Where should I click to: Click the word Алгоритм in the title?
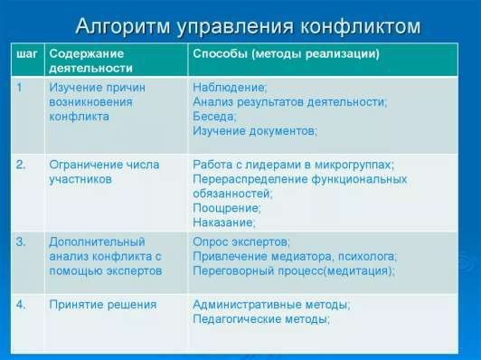(x=123, y=27)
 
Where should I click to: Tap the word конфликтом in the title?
(x=360, y=26)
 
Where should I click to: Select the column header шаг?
(x=26, y=54)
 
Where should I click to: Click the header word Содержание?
(x=87, y=53)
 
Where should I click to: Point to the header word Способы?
(x=220, y=53)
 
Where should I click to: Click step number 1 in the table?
(x=20, y=88)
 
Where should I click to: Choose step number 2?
(x=21, y=165)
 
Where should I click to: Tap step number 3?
(x=21, y=242)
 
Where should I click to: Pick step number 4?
(x=21, y=305)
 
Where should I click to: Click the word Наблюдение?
(x=230, y=88)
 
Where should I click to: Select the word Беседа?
(x=215, y=117)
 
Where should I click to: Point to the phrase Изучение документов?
(x=255, y=131)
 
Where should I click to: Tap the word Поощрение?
(x=227, y=208)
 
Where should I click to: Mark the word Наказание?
(x=224, y=223)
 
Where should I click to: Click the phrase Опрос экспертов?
(x=241, y=242)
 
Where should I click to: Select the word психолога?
(x=367, y=257)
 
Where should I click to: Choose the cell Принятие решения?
(x=103, y=305)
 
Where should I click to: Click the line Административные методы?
(x=271, y=305)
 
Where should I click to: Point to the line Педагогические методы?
(x=261, y=319)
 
